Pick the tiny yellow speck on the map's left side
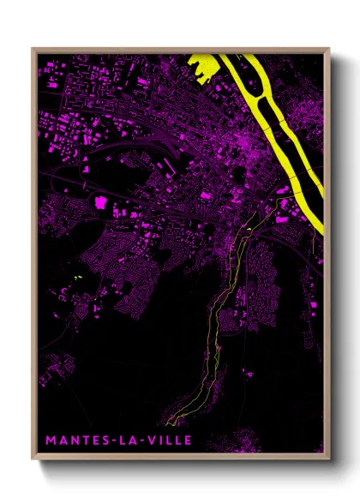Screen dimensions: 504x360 click(x=76, y=278)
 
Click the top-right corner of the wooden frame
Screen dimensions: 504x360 click(x=328, y=49)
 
